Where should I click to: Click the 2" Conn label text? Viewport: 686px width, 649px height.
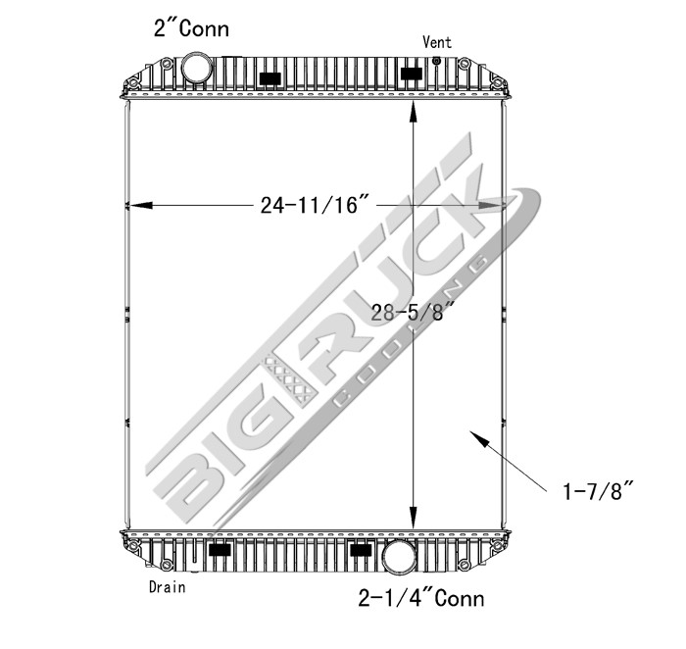[191, 27]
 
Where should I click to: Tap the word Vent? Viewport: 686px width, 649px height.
[437, 41]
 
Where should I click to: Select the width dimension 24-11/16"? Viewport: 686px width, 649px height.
[315, 205]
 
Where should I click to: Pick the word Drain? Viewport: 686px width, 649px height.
[167, 587]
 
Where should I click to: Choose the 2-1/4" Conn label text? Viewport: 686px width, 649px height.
[422, 597]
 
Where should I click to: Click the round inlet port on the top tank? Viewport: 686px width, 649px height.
[197, 70]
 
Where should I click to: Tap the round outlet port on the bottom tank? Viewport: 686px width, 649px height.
[399, 556]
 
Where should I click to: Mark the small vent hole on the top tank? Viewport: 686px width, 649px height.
[436, 60]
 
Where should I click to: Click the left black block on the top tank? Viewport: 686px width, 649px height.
[270, 77]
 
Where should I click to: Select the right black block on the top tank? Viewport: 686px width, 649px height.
[413, 73]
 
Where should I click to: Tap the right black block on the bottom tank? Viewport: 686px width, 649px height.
[362, 550]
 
